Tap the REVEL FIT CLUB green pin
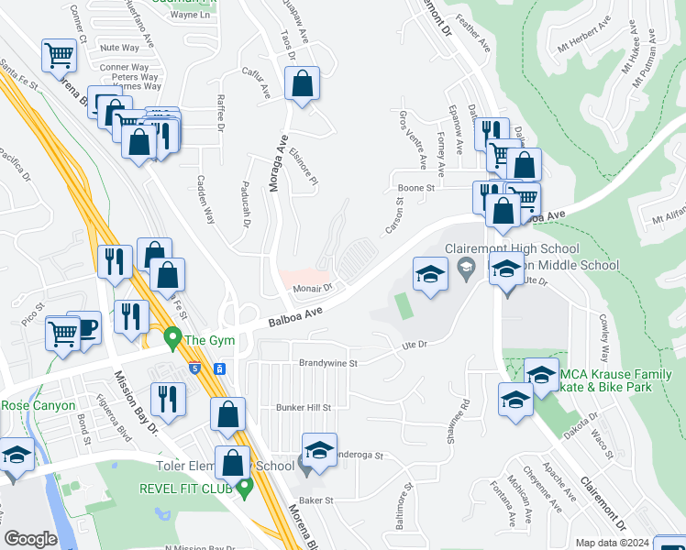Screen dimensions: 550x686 coord(244,488)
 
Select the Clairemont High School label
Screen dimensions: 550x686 coord(512,248)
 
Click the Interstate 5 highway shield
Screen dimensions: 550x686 coord(196,368)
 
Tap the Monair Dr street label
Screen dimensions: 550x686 coord(311,287)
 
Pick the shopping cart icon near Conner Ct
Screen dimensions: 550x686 coord(59,55)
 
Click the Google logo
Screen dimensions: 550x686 coord(30,539)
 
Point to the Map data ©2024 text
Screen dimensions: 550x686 coord(613,543)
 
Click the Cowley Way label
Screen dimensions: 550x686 coord(603,335)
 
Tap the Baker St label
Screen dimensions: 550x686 coord(314,500)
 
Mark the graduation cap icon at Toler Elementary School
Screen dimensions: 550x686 coord(319,451)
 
